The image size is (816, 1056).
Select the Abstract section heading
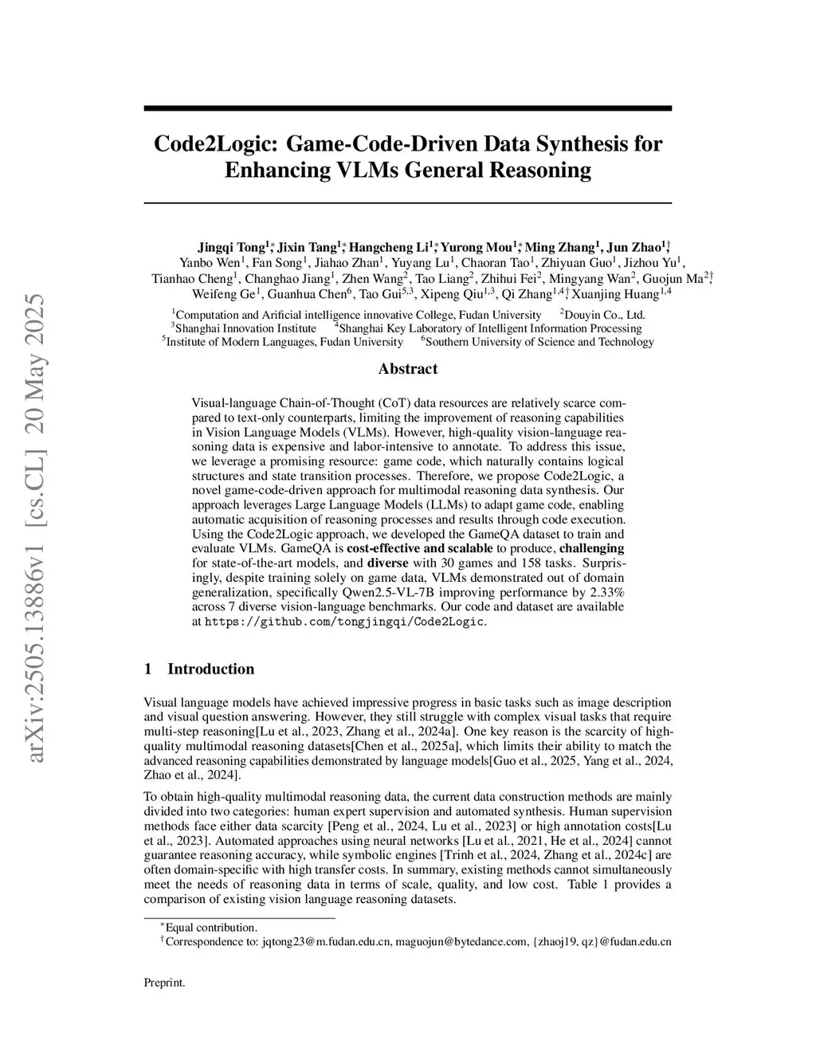(407, 368)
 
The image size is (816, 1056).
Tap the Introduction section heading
(210, 669)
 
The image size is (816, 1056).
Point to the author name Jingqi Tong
(231, 247)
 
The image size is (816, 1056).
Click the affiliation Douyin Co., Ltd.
(604, 315)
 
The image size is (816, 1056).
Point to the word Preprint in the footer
(164, 982)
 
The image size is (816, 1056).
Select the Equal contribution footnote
(211, 927)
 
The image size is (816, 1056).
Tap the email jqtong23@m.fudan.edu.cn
(326, 941)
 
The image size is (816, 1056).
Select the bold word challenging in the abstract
(591, 548)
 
